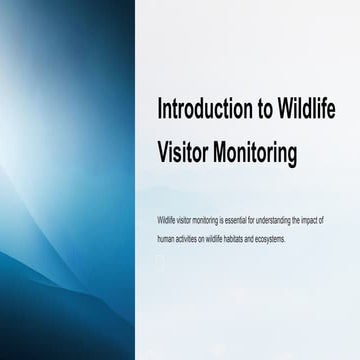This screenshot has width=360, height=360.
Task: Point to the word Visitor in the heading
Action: [x=184, y=153]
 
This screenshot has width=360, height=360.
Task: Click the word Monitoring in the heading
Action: [x=255, y=153]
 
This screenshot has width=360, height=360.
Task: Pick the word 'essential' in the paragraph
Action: [x=235, y=219]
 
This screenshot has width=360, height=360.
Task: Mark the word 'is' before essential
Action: [x=224, y=219]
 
